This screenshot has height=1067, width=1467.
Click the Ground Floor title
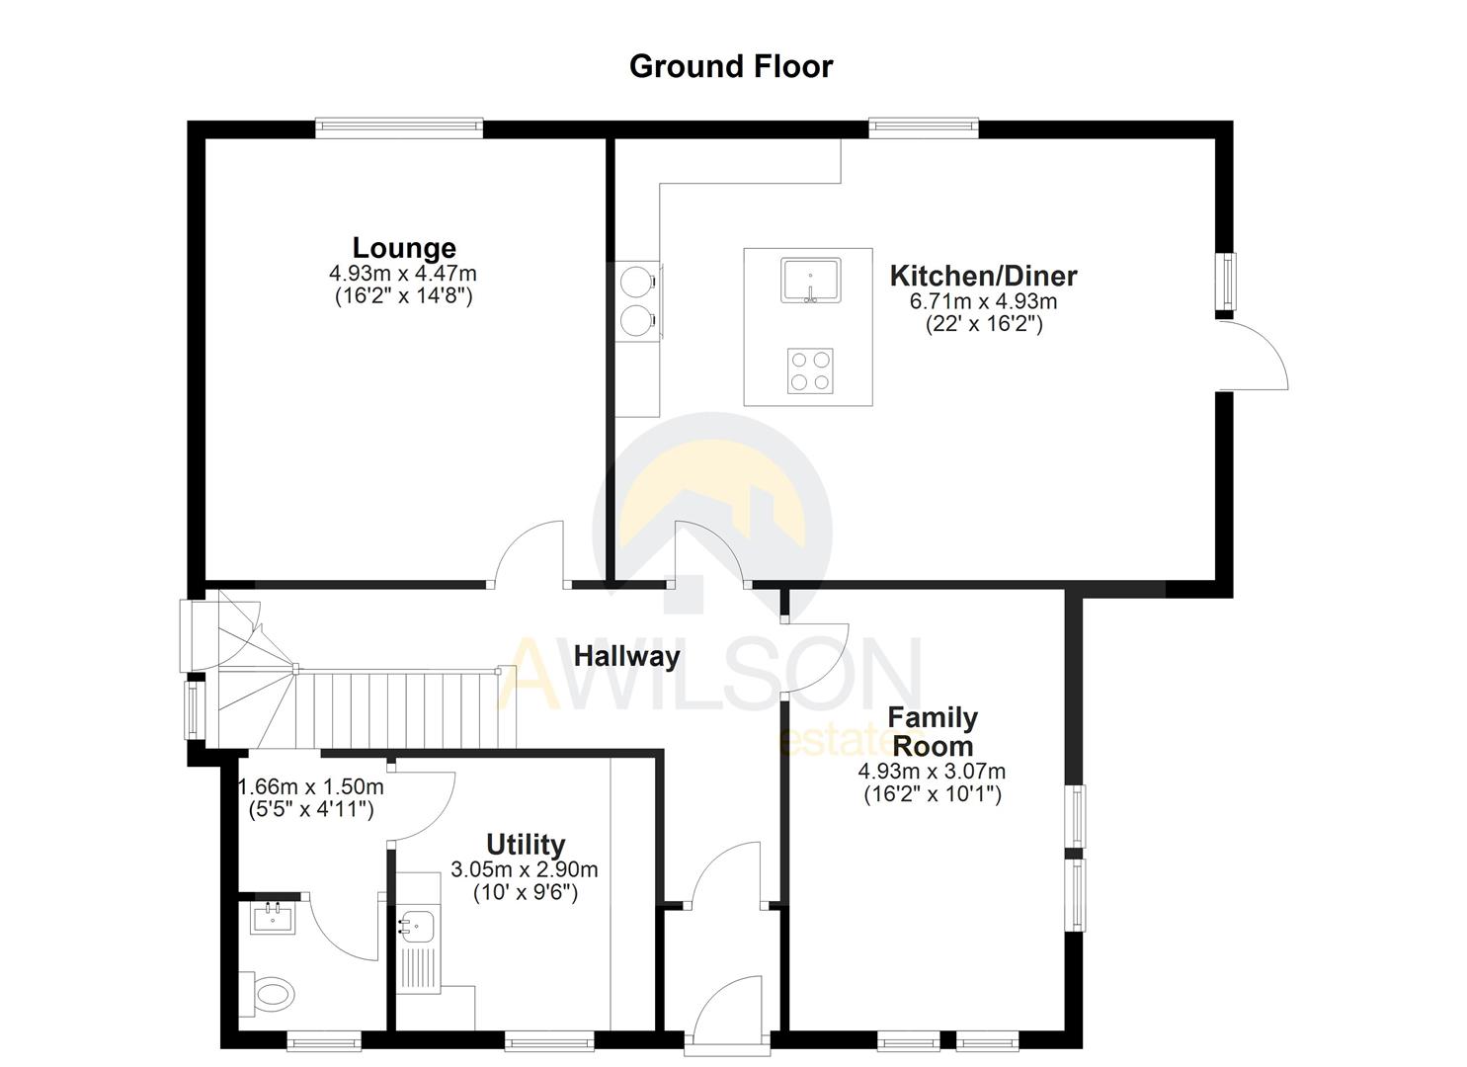tap(731, 66)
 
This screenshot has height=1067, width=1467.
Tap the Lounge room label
tap(404, 247)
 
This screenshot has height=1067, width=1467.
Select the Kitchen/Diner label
tap(983, 276)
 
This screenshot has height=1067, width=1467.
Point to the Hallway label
tap(626, 656)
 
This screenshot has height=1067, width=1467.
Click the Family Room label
tap(932, 731)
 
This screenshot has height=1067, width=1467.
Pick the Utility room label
tap(526, 845)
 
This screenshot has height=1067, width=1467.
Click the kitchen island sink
tap(810, 280)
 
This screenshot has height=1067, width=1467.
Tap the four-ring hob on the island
tap(810, 371)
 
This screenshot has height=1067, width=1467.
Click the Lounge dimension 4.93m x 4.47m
tap(403, 274)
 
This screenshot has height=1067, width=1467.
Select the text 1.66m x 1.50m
tap(311, 787)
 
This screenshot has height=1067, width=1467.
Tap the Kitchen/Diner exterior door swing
tap(1253, 355)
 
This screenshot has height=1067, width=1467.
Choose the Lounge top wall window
tap(399, 127)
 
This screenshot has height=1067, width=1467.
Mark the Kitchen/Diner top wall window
tap(924, 127)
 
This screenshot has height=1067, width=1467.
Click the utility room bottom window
tap(548, 1040)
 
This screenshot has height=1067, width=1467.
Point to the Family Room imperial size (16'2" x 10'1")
tap(933, 794)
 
